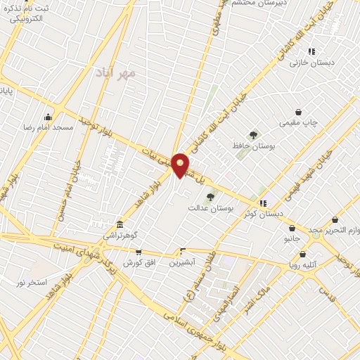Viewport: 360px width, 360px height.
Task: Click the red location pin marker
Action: (x=180, y=165)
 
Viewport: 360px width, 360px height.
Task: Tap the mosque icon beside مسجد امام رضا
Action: (x=47, y=117)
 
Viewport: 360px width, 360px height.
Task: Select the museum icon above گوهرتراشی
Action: (x=120, y=224)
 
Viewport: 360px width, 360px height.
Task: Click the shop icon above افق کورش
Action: (x=138, y=252)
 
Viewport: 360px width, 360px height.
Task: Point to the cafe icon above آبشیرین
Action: (x=183, y=251)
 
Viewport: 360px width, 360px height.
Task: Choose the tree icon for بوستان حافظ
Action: (x=252, y=134)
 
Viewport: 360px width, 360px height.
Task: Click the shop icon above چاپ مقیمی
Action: (x=299, y=112)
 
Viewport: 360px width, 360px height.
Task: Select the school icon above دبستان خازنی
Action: (x=311, y=51)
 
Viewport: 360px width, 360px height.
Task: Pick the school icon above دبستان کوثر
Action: (x=263, y=203)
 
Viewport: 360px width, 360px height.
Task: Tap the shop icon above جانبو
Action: (x=292, y=228)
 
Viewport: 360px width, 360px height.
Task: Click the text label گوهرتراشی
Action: (x=121, y=235)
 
